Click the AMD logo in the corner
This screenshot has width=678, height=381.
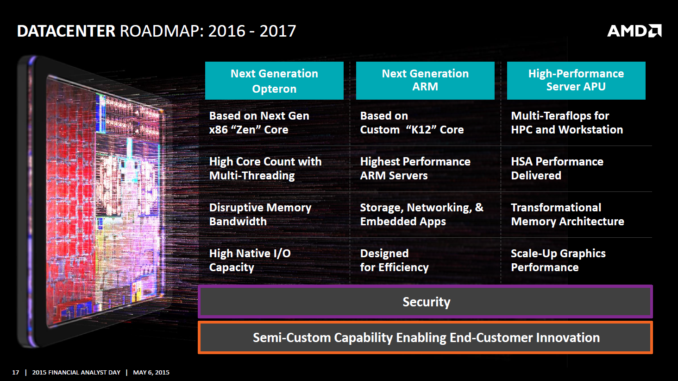pyautogui.click(x=634, y=31)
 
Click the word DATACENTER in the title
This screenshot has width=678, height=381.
pyautogui.click(x=66, y=31)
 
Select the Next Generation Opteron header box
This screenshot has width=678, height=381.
pyautogui.click(x=274, y=81)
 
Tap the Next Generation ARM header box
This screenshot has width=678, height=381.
pyautogui.click(x=425, y=81)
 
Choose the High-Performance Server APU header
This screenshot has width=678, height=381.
pyautogui.click(x=576, y=81)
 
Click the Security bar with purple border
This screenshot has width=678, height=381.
pyautogui.click(x=426, y=302)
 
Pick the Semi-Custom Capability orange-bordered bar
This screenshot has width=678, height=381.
pyautogui.click(x=426, y=337)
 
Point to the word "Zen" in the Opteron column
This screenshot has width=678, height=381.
pyautogui.click(x=246, y=130)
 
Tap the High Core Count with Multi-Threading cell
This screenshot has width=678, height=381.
pyautogui.click(x=265, y=169)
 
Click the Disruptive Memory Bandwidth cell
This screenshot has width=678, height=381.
pyautogui.click(x=260, y=215)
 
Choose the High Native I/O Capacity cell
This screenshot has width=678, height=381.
pyautogui.click(x=250, y=260)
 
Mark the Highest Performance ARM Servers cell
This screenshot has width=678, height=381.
pyautogui.click(x=415, y=169)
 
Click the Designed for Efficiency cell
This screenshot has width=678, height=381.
pyautogui.click(x=394, y=260)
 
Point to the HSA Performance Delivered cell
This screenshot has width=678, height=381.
pyautogui.click(x=557, y=169)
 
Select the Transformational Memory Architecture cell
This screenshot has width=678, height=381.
pyautogui.click(x=567, y=215)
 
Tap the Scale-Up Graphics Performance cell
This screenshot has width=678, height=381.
pyautogui.click(x=558, y=260)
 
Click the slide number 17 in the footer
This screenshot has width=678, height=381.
pyautogui.click(x=16, y=372)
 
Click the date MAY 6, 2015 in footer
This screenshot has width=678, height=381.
pyautogui.click(x=151, y=372)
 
